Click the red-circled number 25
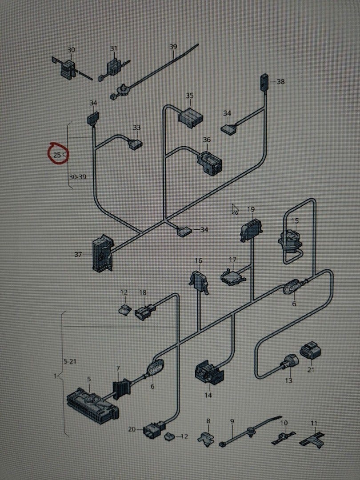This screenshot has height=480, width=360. [x=58, y=155]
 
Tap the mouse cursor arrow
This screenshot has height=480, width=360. [x=235, y=209]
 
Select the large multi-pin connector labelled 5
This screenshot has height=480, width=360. [x=92, y=404]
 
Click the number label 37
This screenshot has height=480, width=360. [x=79, y=254]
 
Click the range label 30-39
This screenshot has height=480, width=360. [x=77, y=176]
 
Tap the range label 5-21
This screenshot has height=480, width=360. [x=70, y=361]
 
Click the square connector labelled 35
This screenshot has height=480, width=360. [x=190, y=116]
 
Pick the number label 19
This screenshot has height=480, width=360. [x=251, y=209]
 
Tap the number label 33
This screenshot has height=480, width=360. [x=137, y=128]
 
